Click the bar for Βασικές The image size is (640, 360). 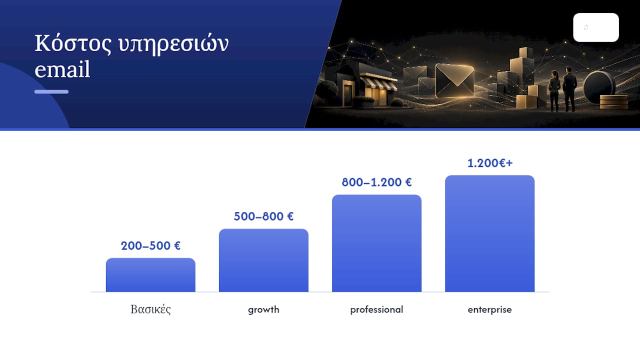pos(150,275)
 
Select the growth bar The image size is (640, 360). pos(263,260)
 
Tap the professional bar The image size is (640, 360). pos(376,243)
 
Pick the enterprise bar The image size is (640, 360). pos(489,233)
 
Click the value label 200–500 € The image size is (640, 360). pos(150,245)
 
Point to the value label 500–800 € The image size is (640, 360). pos(263,216)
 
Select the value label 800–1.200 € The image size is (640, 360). pos(376,182)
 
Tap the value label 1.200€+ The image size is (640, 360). pos(490,163)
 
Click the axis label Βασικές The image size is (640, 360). pos(150,309)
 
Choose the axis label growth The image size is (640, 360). pos(263,309)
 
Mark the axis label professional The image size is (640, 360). pos(376,309)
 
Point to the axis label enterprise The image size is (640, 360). pos(489,309)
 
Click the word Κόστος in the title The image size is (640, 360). pos(73,43)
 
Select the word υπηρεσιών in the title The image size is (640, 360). pos(173,44)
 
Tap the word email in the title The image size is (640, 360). pos(62,69)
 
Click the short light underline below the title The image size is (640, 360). pos(51,91)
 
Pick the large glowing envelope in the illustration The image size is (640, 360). pos(454,80)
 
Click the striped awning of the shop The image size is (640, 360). pos(377,81)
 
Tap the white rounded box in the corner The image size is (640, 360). pos(596,27)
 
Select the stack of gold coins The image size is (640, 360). pos(613,102)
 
